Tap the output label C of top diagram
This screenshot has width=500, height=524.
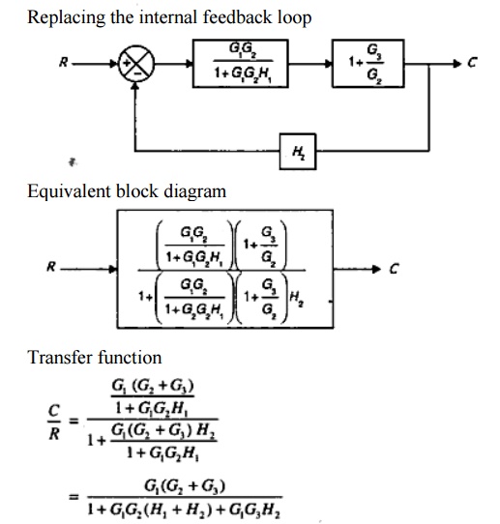[473, 66]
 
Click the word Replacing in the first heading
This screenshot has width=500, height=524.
[62, 18]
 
